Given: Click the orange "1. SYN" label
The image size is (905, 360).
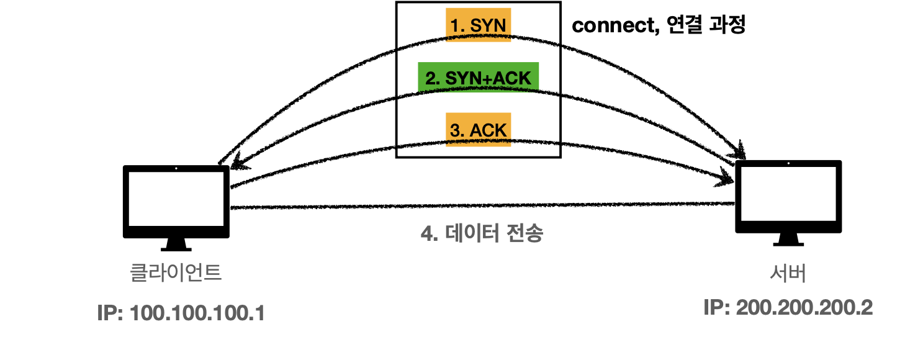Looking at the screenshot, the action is point(479,25).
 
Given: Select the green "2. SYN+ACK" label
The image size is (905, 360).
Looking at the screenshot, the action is point(479,77).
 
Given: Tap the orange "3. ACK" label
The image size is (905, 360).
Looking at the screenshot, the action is point(479,129).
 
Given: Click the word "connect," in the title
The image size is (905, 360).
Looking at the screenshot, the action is point(616,25).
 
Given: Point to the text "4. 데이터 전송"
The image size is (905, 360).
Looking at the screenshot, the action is point(482,233).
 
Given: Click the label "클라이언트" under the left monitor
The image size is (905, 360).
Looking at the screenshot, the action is point(175,272).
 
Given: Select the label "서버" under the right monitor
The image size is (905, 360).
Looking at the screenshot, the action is point(788,273).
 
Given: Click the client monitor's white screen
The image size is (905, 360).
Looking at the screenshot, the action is point(176,199).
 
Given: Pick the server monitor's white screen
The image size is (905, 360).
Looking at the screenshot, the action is point(788,194).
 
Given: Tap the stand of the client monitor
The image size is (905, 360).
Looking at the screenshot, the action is point(176,245).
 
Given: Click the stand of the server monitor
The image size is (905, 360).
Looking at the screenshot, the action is point(788,240).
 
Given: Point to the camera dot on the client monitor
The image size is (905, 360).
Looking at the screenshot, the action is point(176,168).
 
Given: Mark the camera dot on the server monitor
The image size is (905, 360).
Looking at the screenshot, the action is point(789,163).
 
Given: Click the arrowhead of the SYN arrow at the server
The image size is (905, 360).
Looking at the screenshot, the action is point(740,151).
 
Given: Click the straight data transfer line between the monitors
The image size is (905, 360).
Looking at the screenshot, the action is point(482,206).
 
